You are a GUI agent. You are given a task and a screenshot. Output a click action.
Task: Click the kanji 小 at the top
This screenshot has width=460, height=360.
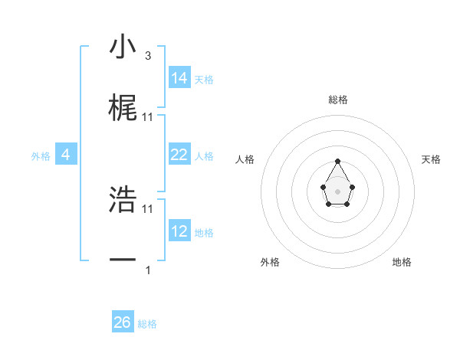click(x=123, y=47)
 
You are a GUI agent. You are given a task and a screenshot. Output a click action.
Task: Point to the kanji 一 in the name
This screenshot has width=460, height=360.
click(x=123, y=260)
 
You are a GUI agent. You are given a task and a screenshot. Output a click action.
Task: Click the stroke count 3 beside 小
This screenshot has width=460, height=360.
click(x=148, y=56)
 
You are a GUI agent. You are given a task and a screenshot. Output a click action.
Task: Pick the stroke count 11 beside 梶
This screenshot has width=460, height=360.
click(x=148, y=116)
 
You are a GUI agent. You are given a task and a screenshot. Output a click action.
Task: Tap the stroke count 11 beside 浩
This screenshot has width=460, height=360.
click(x=148, y=208)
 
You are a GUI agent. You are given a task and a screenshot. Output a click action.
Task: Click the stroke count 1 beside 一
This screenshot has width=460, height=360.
click(x=148, y=270)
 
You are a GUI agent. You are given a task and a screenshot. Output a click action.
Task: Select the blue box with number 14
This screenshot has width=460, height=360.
click(x=179, y=77)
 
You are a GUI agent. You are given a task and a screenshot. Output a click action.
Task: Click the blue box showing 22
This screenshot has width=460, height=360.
click(x=179, y=155)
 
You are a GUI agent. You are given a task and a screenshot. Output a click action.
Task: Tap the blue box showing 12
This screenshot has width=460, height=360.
click(x=179, y=231)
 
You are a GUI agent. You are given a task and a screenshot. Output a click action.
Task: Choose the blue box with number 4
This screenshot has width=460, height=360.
click(x=66, y=155)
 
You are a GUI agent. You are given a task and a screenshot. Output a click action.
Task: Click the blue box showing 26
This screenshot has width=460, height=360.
click(x=123, y=322)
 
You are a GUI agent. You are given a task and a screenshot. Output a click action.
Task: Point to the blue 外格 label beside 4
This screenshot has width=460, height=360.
click(x=41, y=156)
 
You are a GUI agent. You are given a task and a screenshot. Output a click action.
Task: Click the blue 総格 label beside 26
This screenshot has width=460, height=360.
click(x=147, y=324)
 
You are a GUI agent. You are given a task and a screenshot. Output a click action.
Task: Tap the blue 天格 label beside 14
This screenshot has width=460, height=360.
click(x=204, y=80)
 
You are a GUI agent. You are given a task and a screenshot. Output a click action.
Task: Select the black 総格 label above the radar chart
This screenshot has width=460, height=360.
click(x=338, y=100)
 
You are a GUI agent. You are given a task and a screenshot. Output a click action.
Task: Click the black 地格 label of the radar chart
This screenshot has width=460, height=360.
click(x=402, y=262)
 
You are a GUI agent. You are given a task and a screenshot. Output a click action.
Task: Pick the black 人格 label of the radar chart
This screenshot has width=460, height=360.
click(x=245, y=159)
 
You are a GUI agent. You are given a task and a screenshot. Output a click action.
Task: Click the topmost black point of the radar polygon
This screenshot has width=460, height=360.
click(x=337, y=161)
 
